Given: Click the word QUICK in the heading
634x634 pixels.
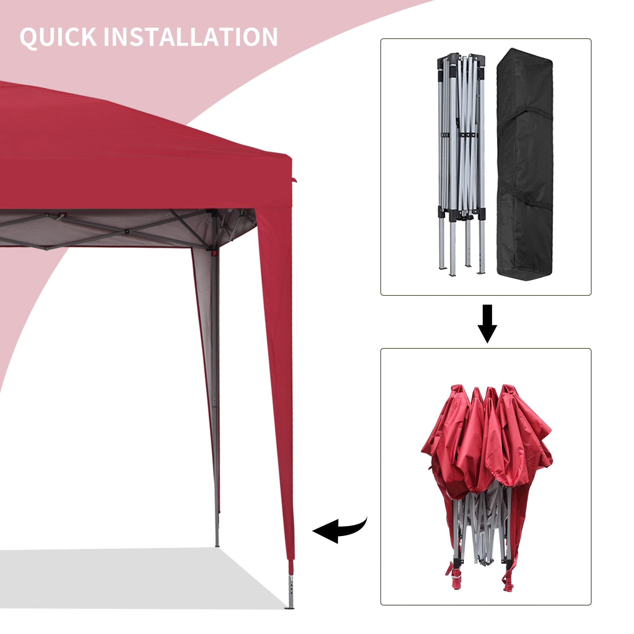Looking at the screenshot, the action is pyautogui.click(x=58, y=37).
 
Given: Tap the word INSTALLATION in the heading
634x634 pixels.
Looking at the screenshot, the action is pyautogui.click(x=191, y=37).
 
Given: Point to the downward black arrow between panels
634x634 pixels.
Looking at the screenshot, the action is pyautogui.click(x=487, y=324).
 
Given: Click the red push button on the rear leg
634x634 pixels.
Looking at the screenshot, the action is pyautogui.click(x=215, y=253).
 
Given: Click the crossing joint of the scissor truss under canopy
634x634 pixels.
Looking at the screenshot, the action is pyautogui.click(x=127, y=231).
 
